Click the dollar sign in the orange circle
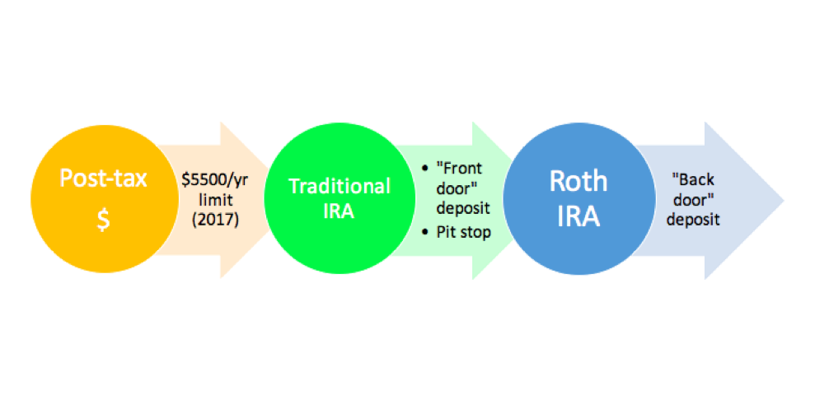(x=103, y=221)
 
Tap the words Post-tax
(x=103, y=178)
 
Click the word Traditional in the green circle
(x=340, y=186)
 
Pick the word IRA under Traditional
(x=340, y=212)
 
